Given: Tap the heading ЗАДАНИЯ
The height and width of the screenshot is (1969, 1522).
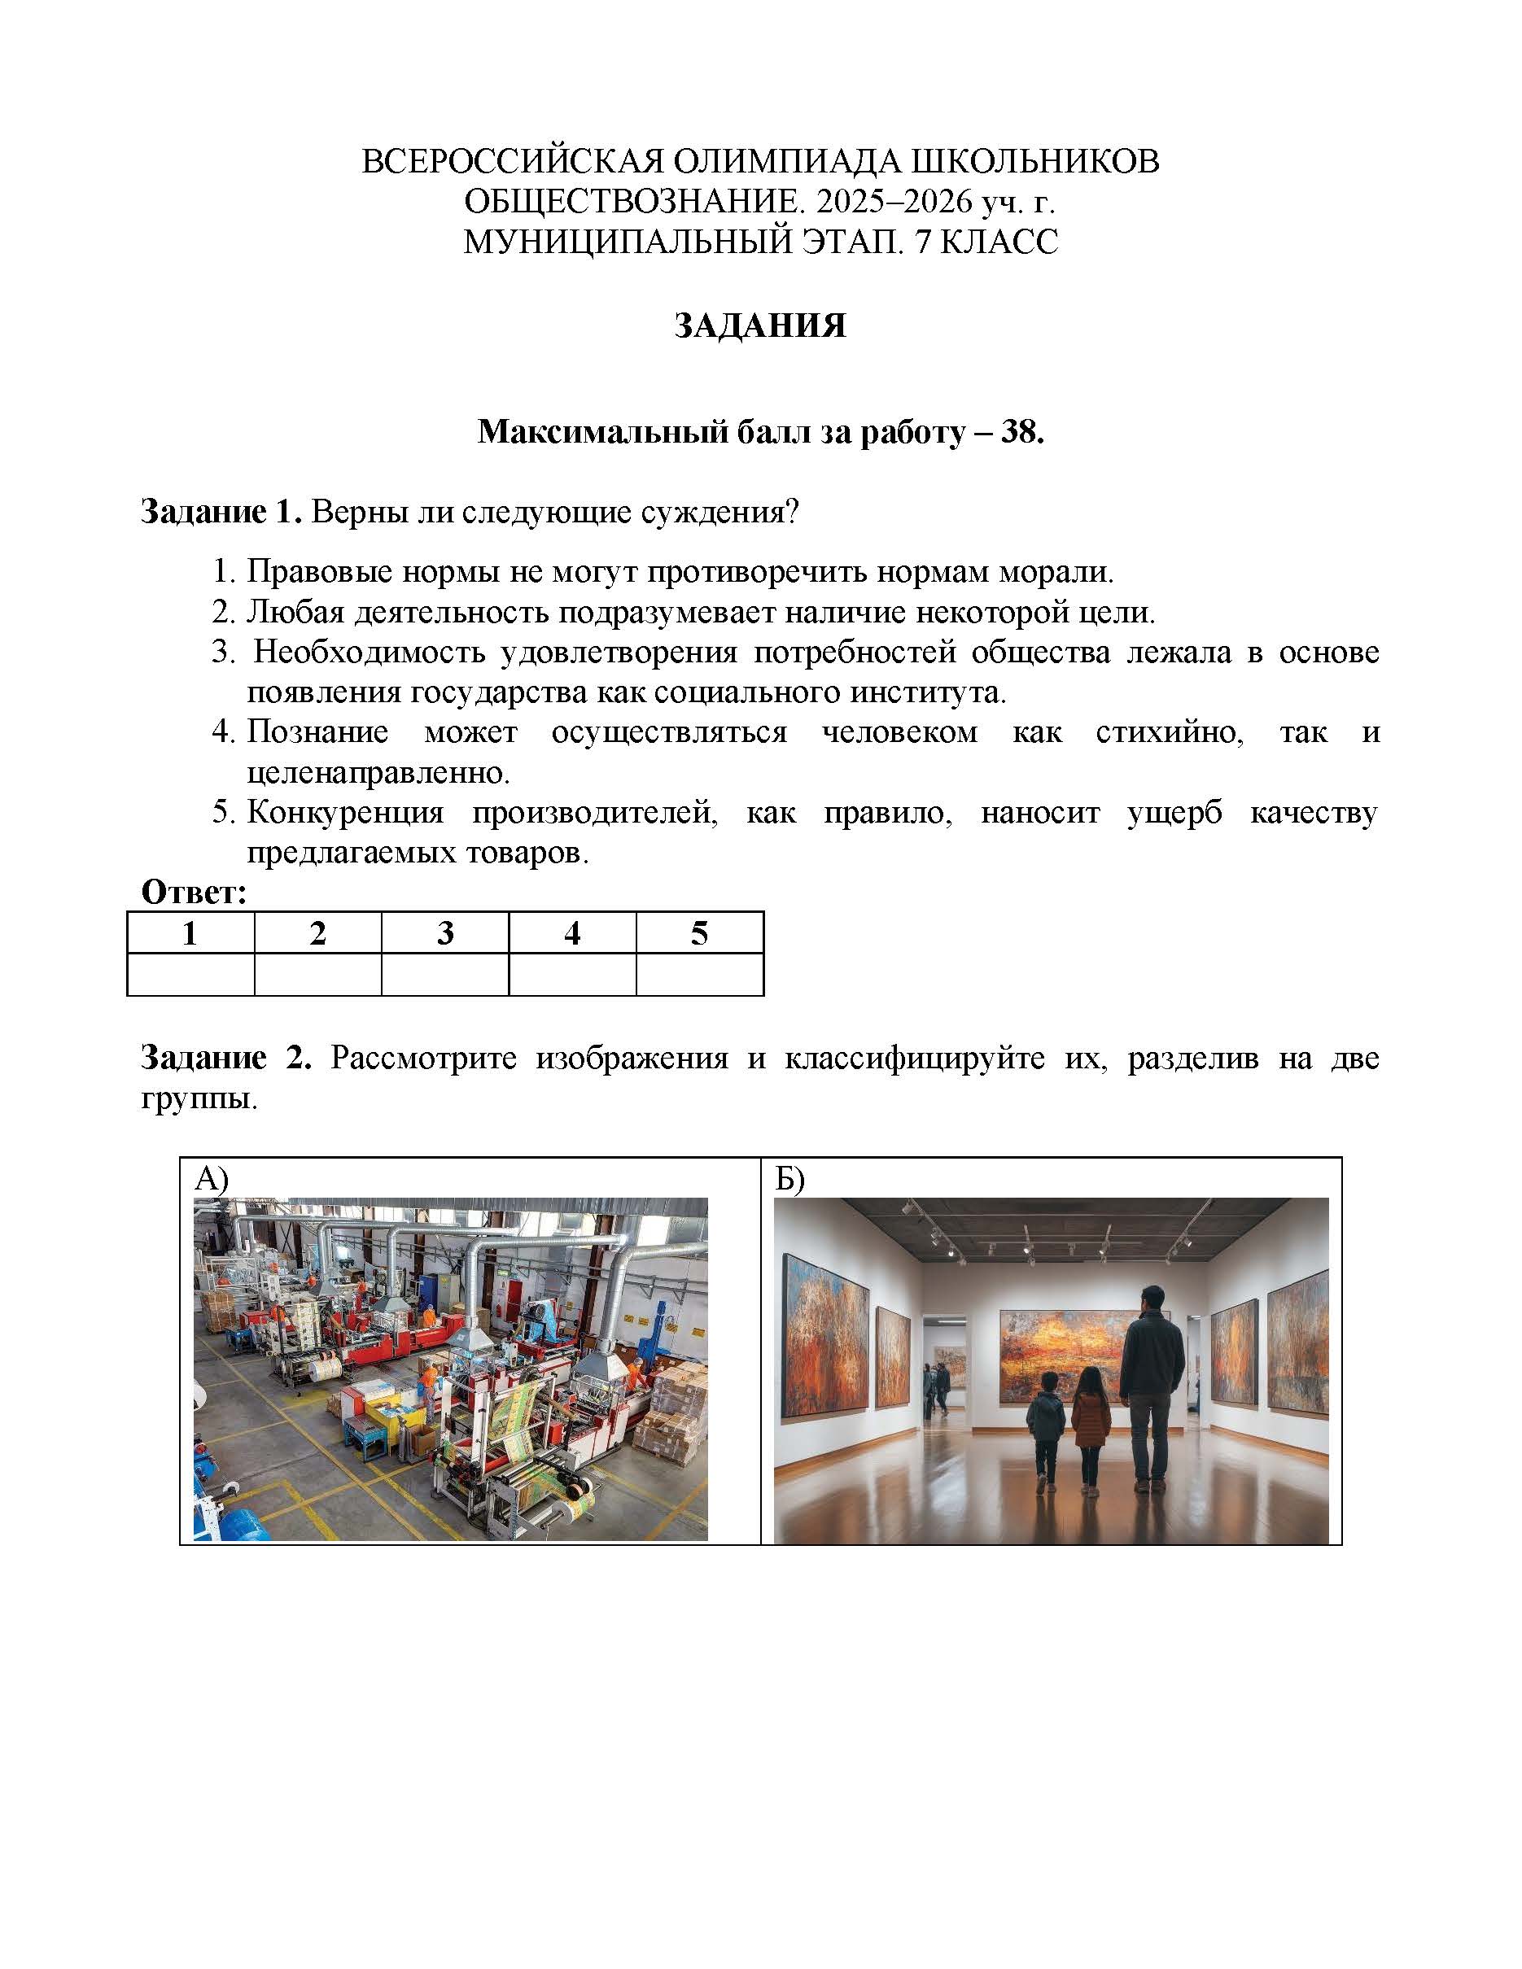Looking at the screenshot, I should [760, 325].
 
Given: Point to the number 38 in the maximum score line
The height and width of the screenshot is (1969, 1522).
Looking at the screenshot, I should [1020, 433].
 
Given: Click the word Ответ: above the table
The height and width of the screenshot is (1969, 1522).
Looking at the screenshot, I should [194, 893].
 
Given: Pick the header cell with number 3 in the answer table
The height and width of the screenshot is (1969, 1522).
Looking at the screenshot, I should [444, 933].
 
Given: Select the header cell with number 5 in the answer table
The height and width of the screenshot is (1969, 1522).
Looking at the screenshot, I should [700, 933].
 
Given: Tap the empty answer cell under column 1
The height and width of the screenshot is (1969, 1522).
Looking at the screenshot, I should [190, 975].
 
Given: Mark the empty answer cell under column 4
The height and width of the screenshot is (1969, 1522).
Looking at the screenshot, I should [572, 975].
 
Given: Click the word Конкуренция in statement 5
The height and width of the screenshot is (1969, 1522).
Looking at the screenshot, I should [345, 812].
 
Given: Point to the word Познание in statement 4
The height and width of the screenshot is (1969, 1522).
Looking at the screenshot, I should [317, 731].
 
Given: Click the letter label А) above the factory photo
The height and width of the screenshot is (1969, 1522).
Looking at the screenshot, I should [212, 1179].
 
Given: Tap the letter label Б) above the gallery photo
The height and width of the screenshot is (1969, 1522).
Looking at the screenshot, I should [789, 1179].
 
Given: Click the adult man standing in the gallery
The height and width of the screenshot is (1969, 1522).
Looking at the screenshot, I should [1152, 1379].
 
